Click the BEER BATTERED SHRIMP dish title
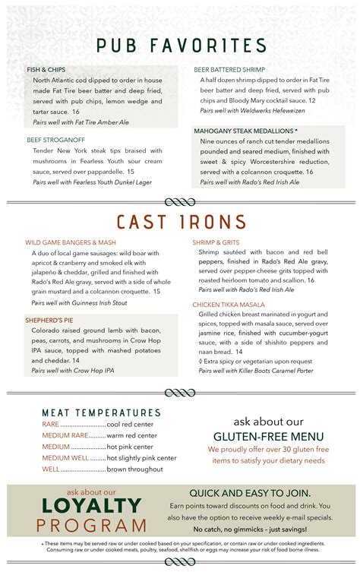pyautogui.click(x=228, y=69)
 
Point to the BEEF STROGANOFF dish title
pyautogui.click(x=55, y=140)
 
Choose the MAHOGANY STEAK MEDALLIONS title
pyautogui.click(x=246, y=131)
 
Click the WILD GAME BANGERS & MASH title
pyautogui.click(x=71, y=242)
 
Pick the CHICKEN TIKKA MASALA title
pyautogui.click(x=228, y=304)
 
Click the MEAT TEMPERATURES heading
pyautogui.click(x=101, y=412)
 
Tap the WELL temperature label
pyautogui.click(x=51, y=469)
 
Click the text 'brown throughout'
pyautogui.click(x=136, y=469)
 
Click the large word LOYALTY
pyautogui.click(x=92, y=506)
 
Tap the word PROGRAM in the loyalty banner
pyautogui.click(x=94, y=525)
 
